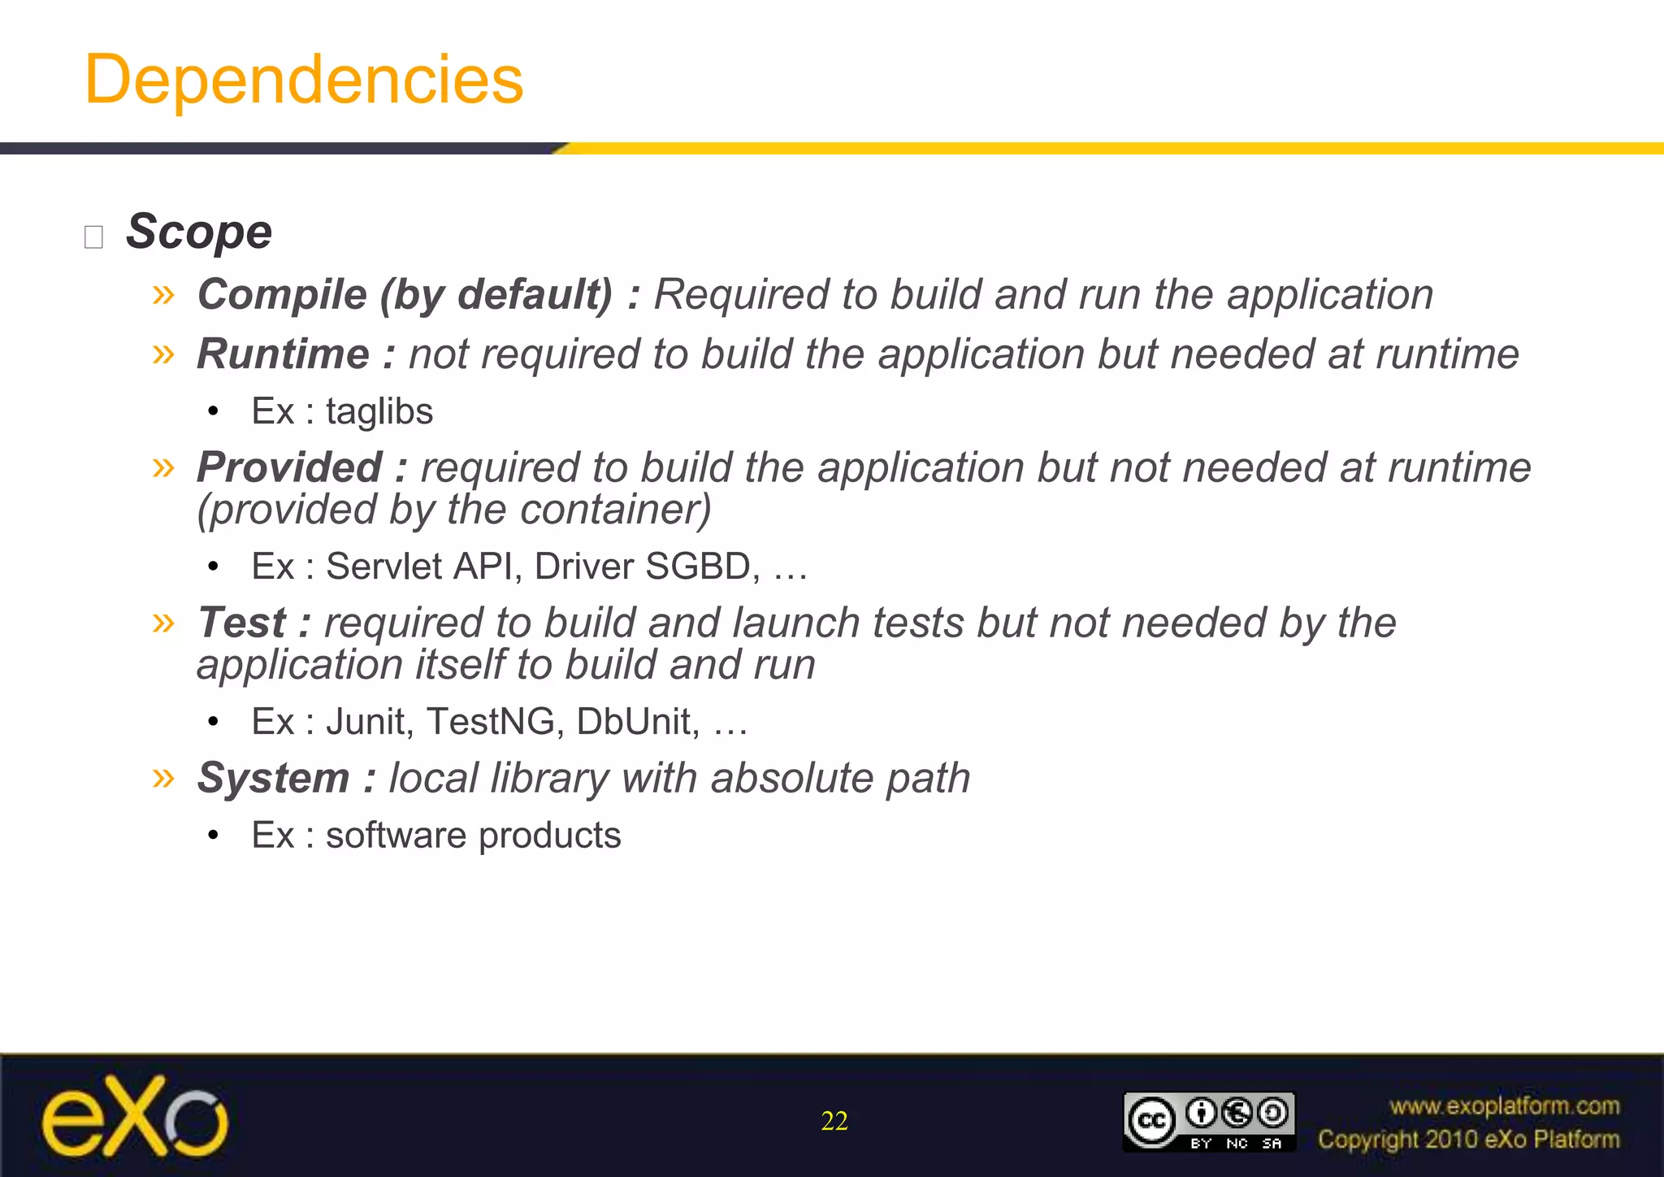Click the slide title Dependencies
coord(304,80)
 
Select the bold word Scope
coord(199,232)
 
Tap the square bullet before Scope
coord(93,237)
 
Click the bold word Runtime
coord(284,354)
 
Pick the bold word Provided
coord(289,467)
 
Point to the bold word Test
coord(242,623)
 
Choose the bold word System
coord(274,778)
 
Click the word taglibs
coord(379,411)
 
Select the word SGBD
coord(703,567)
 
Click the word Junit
coord(370,722)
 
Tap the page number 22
coord(834,1121)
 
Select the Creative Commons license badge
coord(1209,1121)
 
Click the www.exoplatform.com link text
coord(1504,1105)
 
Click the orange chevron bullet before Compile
coord(163,294)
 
